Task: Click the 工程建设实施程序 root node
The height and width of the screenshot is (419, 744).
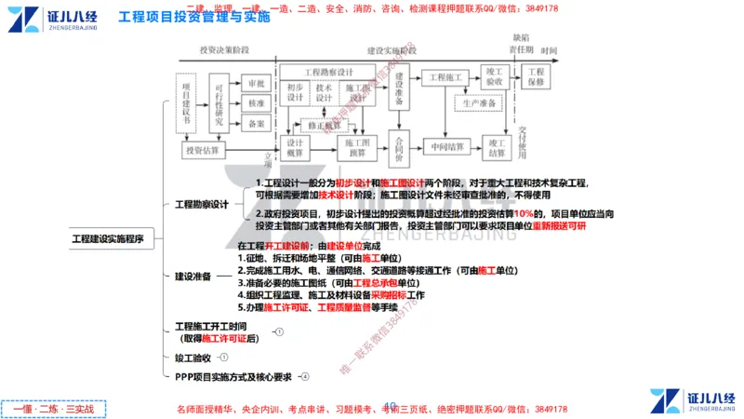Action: point(108,239)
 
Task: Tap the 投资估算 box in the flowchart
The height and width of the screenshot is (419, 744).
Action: point(202,150)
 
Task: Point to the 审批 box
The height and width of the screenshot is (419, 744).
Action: point(256,82)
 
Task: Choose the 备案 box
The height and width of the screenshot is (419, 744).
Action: point(256,123)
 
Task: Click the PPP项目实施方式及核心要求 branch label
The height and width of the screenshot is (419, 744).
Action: point(233,377)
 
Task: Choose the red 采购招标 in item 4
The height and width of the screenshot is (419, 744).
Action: point(390,294)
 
